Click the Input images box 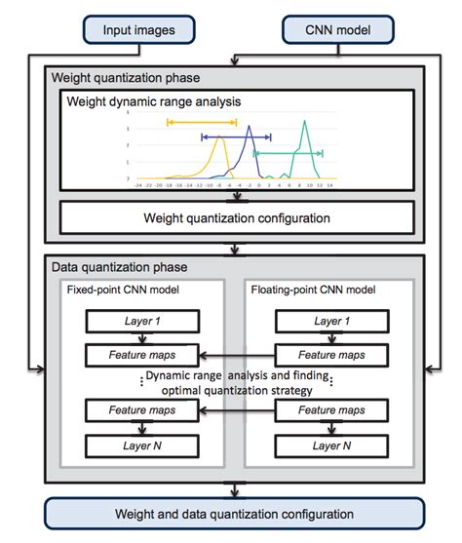coord(138,30)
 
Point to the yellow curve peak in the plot coord(218,135)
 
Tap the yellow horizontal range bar coord(202,122)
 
